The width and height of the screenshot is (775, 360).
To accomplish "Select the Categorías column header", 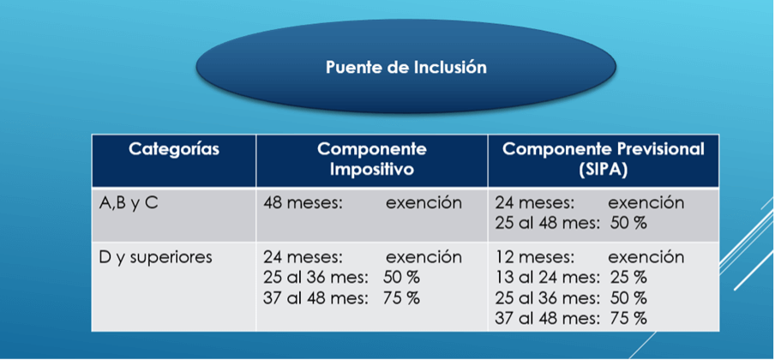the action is tap(174, 149).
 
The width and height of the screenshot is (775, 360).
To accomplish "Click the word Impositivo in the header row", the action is tap(372, 169).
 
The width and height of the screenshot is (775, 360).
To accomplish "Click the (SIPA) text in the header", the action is tap(604, 169).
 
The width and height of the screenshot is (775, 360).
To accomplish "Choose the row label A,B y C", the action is tap(129, 203).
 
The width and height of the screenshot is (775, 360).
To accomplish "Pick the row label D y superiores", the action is tap(156, 258).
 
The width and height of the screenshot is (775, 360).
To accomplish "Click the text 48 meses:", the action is tap(303, 203).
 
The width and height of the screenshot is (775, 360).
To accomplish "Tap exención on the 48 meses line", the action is tap(424, 203).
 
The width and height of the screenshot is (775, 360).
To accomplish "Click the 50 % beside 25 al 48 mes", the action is tap(628, 223).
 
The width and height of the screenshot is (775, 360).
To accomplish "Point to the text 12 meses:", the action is tap(535, 258).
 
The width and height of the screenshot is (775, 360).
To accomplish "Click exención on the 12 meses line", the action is tap(646, 258).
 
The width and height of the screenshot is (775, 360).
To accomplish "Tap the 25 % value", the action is tap(628, 278).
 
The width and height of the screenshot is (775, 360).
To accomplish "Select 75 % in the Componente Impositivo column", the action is tap(401, 298).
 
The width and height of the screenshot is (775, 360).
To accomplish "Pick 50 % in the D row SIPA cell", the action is tap(628, 298).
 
